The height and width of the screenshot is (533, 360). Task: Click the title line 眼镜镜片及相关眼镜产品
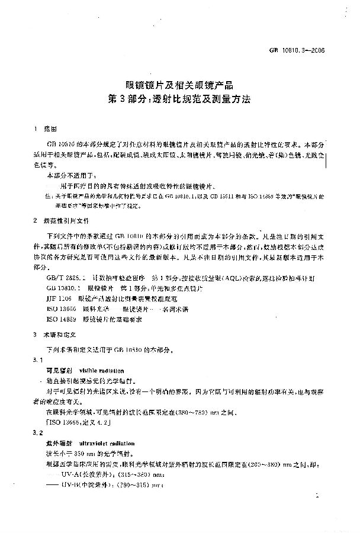point(179,86)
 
